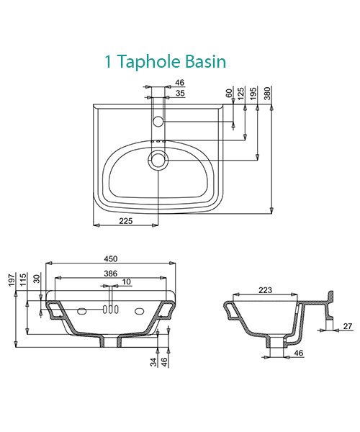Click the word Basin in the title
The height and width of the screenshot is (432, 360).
(x=207, y=62)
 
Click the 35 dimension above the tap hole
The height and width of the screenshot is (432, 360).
(x=180, y=94)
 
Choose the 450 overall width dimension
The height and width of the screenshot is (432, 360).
(x=111, y=258)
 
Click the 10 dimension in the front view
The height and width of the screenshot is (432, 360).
(x=127, y=282)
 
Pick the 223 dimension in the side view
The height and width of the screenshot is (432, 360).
(x=264, y=289)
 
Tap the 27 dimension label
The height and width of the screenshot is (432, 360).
(x=347, y=326)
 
